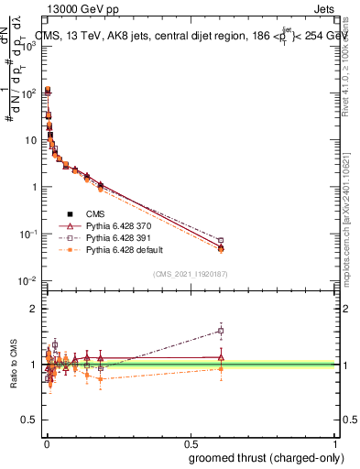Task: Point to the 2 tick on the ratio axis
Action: click(34, 309)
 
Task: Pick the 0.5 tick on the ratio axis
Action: click(29, 421)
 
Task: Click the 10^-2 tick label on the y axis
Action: click(27, 280)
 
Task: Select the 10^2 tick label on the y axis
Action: click(28, 93)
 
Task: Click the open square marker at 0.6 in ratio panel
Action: click(221, 331)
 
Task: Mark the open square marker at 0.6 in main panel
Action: click(221, 241)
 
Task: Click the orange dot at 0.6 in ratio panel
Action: click(221, 369)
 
